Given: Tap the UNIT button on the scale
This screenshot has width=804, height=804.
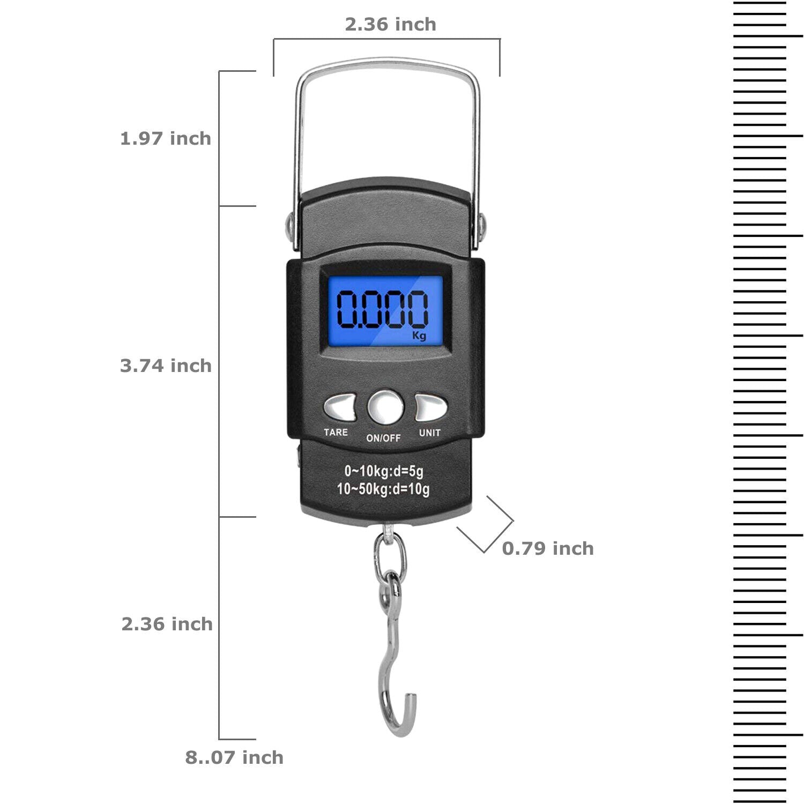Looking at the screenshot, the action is (x=431, y=408).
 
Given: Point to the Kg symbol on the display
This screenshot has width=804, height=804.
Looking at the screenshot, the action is (x=419, y=336).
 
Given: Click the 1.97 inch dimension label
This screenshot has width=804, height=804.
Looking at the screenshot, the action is (x=166, y=138).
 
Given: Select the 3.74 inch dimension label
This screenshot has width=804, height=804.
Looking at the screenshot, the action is (x=166, y=366).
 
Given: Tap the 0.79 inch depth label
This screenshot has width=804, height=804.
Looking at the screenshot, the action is (x=548, y=548).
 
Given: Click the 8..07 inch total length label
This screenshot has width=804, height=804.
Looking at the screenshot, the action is (x=234, y=757).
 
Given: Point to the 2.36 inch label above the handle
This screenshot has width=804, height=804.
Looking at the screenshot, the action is (x=390, y=24).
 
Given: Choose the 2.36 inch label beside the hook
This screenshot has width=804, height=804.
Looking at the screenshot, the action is (x=167, y=624).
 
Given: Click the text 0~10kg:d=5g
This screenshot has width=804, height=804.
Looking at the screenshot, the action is (x=384, y=471).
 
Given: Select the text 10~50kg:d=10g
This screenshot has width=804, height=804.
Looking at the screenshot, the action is (x=383, y=489).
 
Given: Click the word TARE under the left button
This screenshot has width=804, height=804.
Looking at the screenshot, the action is (x=336, y=432).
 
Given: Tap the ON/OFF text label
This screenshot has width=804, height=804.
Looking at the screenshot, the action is (x=383, y=438).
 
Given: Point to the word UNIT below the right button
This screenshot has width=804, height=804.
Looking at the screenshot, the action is (x=430, y=433).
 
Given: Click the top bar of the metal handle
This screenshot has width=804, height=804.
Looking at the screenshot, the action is (x=387, y=65).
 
